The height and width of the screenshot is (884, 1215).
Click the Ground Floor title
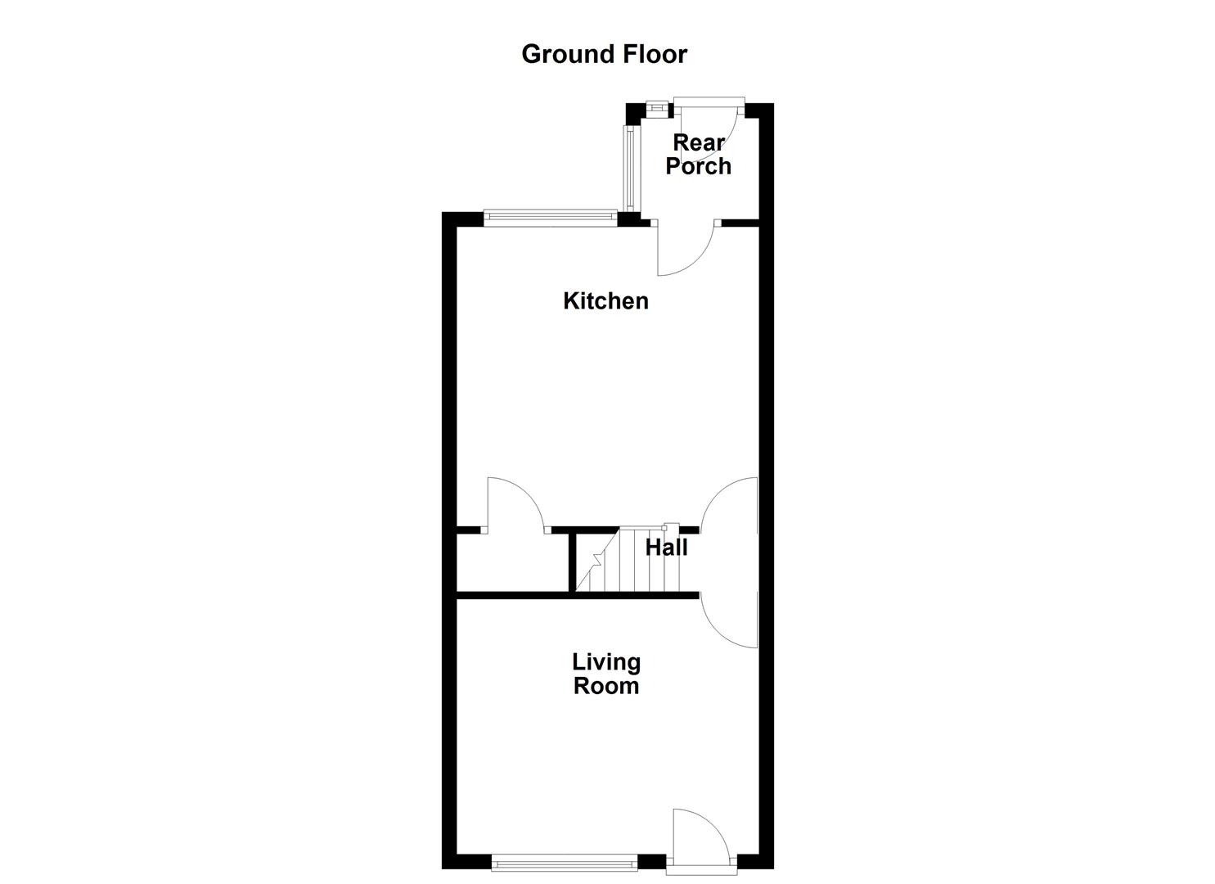604,54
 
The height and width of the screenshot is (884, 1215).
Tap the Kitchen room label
605,301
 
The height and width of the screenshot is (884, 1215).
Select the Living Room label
606,674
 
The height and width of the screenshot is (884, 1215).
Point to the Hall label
666,548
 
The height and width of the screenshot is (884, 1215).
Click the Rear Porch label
698,155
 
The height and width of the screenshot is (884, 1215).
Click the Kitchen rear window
549,217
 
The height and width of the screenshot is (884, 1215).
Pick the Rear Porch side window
629,168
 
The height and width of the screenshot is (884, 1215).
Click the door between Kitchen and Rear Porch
686,250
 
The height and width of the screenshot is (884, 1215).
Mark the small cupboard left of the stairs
511,563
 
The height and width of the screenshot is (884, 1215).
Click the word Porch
698,166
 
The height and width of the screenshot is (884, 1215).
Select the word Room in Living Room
606,686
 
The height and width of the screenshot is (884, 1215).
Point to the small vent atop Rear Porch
656,106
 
